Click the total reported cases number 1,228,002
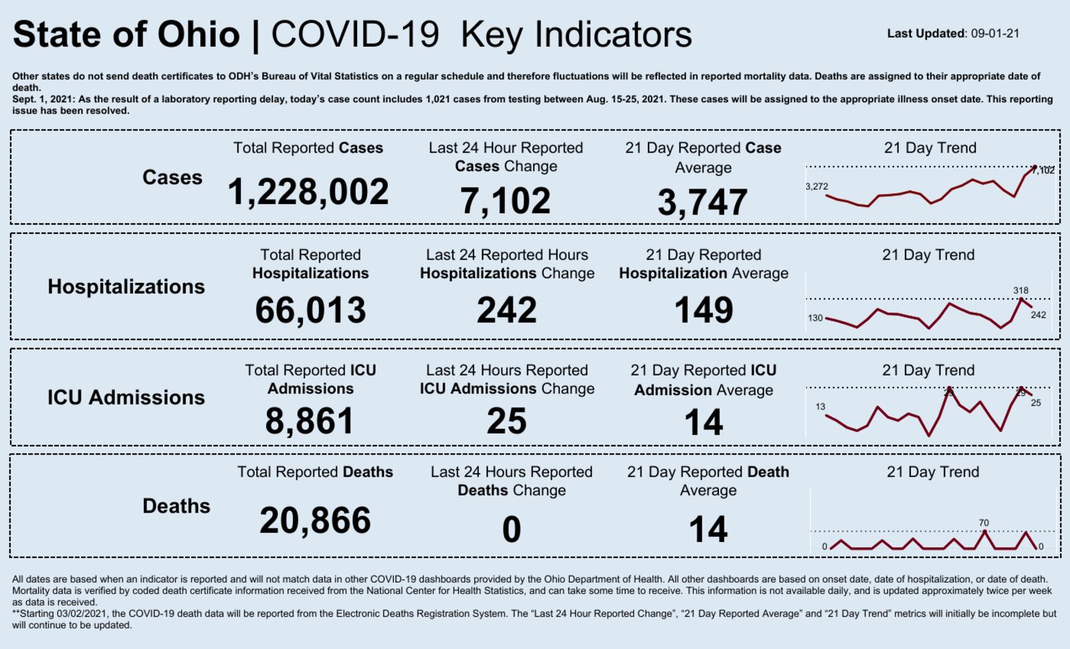coord(308,192)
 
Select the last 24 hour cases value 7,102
coord(506,201)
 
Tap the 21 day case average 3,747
coord(702,203)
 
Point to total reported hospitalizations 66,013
coord(310,310)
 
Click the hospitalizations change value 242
coord(507,310)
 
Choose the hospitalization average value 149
coord(704,310)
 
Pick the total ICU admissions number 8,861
coord(310,421)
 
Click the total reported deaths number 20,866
coord(315,521)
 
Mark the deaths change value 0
coord(512,529)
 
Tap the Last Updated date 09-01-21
coord(995,33)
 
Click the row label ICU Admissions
coord(126,398)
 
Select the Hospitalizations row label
coord(126,287)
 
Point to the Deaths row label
coord(176,506)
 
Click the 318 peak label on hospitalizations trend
coord(1021,291)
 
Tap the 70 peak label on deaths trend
coord(984,523)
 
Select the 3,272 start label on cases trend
coord(817,186)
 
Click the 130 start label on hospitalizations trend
coord(815,318)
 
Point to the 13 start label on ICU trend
coord(821,406)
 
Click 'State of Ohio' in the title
coord(126,35)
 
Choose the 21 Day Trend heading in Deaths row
coord(932,472)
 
